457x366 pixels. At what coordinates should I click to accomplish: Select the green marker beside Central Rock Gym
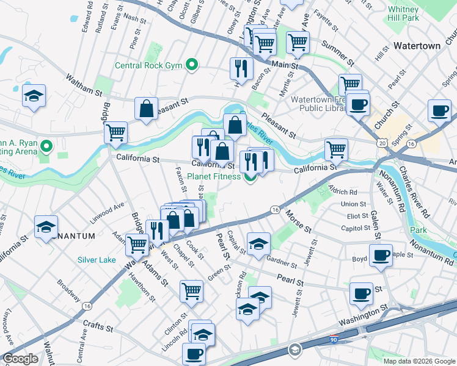click(192, 64)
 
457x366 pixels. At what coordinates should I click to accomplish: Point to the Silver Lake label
click(97, 260)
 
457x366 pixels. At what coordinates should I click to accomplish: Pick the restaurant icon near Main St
click(241, 68)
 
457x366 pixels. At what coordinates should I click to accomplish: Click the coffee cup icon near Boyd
click(381, 255)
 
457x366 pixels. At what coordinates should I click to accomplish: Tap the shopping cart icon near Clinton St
click(192, 291)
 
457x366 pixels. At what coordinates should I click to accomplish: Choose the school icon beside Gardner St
click(258, 243)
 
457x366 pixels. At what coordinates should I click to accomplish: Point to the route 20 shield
click(382, 142)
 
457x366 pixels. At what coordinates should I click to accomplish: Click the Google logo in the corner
click(20, 359)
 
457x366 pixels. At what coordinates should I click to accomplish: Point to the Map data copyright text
click(419, 361)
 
